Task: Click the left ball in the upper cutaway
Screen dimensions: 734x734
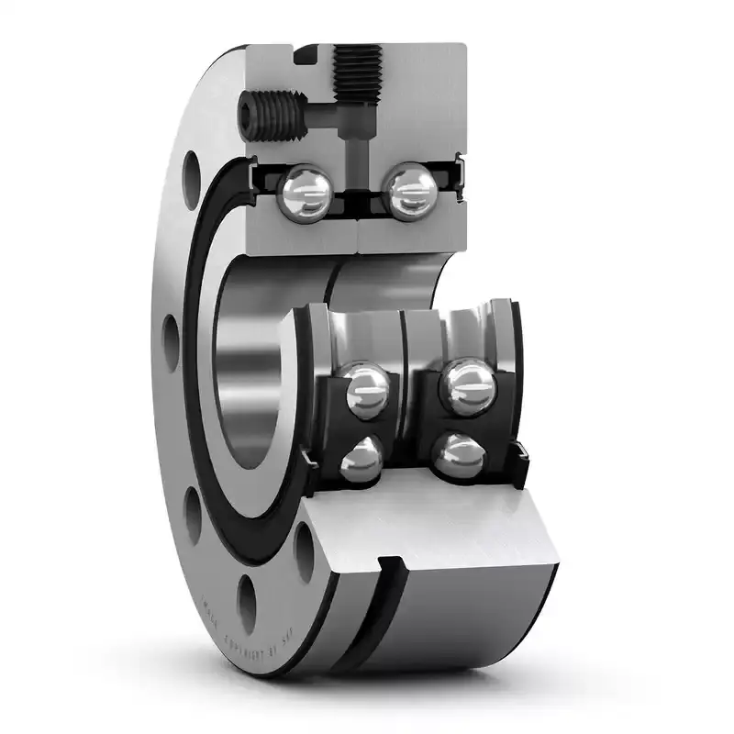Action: click(x=307, y=191)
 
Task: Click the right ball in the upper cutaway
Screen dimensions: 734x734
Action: click(x=409, y=191)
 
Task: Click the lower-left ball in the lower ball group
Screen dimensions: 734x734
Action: click(x=361, y=459)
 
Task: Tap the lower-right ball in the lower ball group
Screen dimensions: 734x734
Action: click(x=456, y=455)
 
